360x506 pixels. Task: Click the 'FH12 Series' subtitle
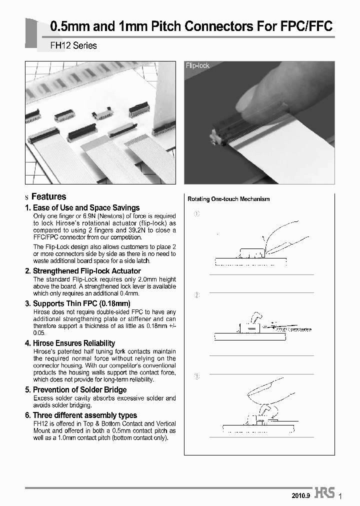pos(73,45)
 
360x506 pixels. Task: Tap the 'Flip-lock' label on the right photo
pos(197,65)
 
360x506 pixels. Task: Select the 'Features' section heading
pos(48,196)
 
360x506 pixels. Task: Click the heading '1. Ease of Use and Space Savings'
pos(82,207)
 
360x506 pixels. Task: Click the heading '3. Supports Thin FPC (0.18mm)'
pos(77,303)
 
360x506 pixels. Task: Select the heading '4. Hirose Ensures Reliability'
pos(70,343)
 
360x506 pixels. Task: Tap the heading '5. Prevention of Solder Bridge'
pos(75,389)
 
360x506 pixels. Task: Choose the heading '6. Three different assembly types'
pos(80,415)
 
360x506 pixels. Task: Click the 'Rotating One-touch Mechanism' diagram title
pos(228,199)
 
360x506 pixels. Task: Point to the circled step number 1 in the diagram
pos(196,214)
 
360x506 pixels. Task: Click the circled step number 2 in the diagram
pos(196,295)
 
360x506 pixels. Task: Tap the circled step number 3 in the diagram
pos(196,376)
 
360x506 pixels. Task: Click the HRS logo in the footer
pos(325,492)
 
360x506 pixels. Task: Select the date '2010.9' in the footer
pos(301,495)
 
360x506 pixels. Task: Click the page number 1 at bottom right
pos(340,495)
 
